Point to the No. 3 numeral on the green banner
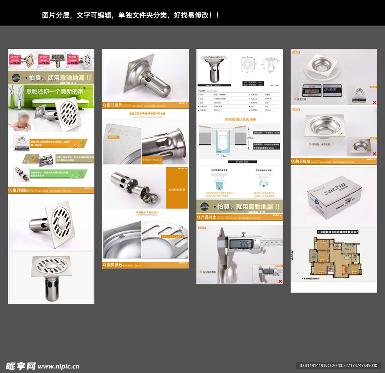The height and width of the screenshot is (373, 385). click(x=75, y=175)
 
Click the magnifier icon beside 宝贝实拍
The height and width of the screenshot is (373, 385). click(x=11, y=190)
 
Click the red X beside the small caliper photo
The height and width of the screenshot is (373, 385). click(x=280, y=281)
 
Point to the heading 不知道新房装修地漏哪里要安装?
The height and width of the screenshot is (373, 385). click(x=333, y=232)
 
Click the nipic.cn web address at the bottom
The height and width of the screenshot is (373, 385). click(x=59, y=366)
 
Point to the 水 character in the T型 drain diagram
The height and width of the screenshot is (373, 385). click(x=264, y=186)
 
